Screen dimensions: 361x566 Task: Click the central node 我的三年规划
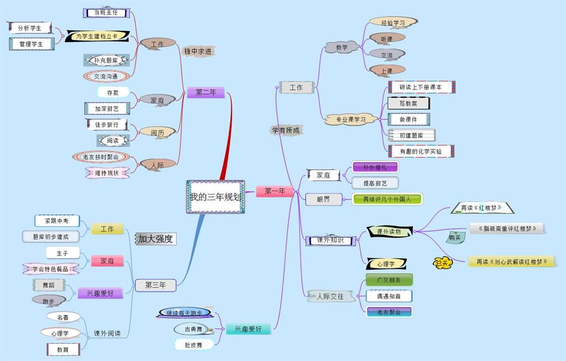coord(215,197)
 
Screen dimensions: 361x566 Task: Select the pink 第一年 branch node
coord(275,191)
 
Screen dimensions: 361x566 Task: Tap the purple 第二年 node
coord(206,92)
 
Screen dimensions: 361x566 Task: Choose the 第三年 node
coord(155,285)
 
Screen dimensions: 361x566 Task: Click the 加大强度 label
coord(155,239)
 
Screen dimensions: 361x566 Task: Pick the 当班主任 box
coord(106,12)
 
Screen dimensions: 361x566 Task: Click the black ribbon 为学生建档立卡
coord(97,36)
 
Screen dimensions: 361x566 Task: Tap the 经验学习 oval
coord(393,23)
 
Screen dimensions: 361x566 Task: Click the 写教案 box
coord(408,103)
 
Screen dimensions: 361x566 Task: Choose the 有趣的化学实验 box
coord(421,151)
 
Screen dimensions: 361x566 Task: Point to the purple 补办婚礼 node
coord(375,167)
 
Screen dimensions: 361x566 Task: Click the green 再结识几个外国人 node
coord(387,199)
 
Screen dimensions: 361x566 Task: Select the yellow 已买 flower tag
coord(443,263)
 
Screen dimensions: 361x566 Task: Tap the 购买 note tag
coord(455,238)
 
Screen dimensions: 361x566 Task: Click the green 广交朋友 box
coord(389,280)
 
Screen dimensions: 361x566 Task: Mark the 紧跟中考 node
coord(56,221)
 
